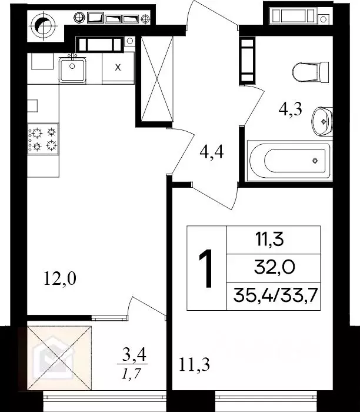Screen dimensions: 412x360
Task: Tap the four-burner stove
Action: (x=43, y=139)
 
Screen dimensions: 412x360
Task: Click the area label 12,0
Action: (x=59, y=278)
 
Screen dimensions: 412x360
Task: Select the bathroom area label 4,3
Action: (x=291, y=109)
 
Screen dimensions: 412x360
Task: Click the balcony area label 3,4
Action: (x=134, y=354)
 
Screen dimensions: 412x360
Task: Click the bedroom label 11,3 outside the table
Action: (x=194, y=365)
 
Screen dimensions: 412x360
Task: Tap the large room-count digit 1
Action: (x=206, y=268)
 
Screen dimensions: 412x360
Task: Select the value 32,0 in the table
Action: (x=274, y=268)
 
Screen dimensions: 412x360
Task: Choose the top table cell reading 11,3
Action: (x=274, y=240)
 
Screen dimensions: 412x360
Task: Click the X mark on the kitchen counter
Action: (x=118, y=67)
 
